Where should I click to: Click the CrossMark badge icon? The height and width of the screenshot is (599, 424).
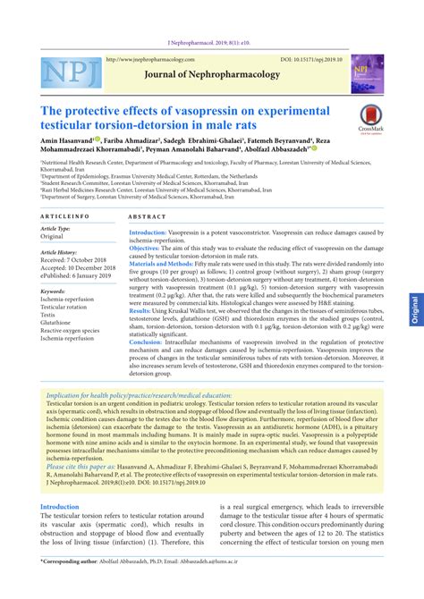[369, 117]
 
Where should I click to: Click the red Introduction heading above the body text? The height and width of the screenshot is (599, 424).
[60, 506]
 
